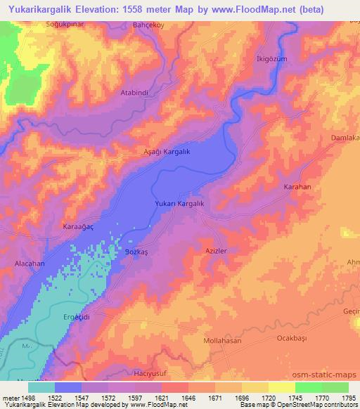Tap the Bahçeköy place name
148,25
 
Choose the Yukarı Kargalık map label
179,203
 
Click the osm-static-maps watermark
324,375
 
